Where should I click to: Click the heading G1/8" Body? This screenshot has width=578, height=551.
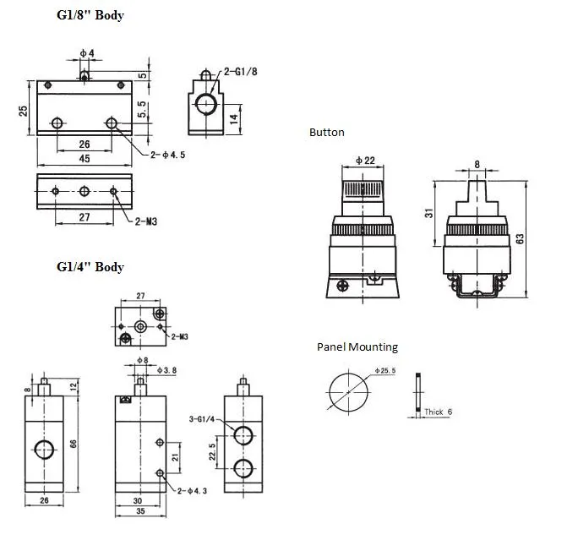click(90, 15)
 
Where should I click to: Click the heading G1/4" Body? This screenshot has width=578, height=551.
click(90, 267)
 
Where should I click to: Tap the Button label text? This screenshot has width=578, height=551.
click(326, 133)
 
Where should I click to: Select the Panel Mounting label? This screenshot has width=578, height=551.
click(357, 346)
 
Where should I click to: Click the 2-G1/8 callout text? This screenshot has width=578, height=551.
click(240, 73)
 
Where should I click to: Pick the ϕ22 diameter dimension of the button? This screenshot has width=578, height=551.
click(364, 161)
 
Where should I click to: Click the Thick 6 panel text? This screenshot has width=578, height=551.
click(439, 412)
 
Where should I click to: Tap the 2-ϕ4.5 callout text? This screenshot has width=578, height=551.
click(168, 155)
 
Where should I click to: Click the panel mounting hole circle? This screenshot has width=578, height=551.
click(347, 390)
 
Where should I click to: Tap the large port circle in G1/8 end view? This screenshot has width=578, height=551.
click(204, 105)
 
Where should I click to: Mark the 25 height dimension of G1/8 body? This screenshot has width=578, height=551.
click(24, 110)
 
